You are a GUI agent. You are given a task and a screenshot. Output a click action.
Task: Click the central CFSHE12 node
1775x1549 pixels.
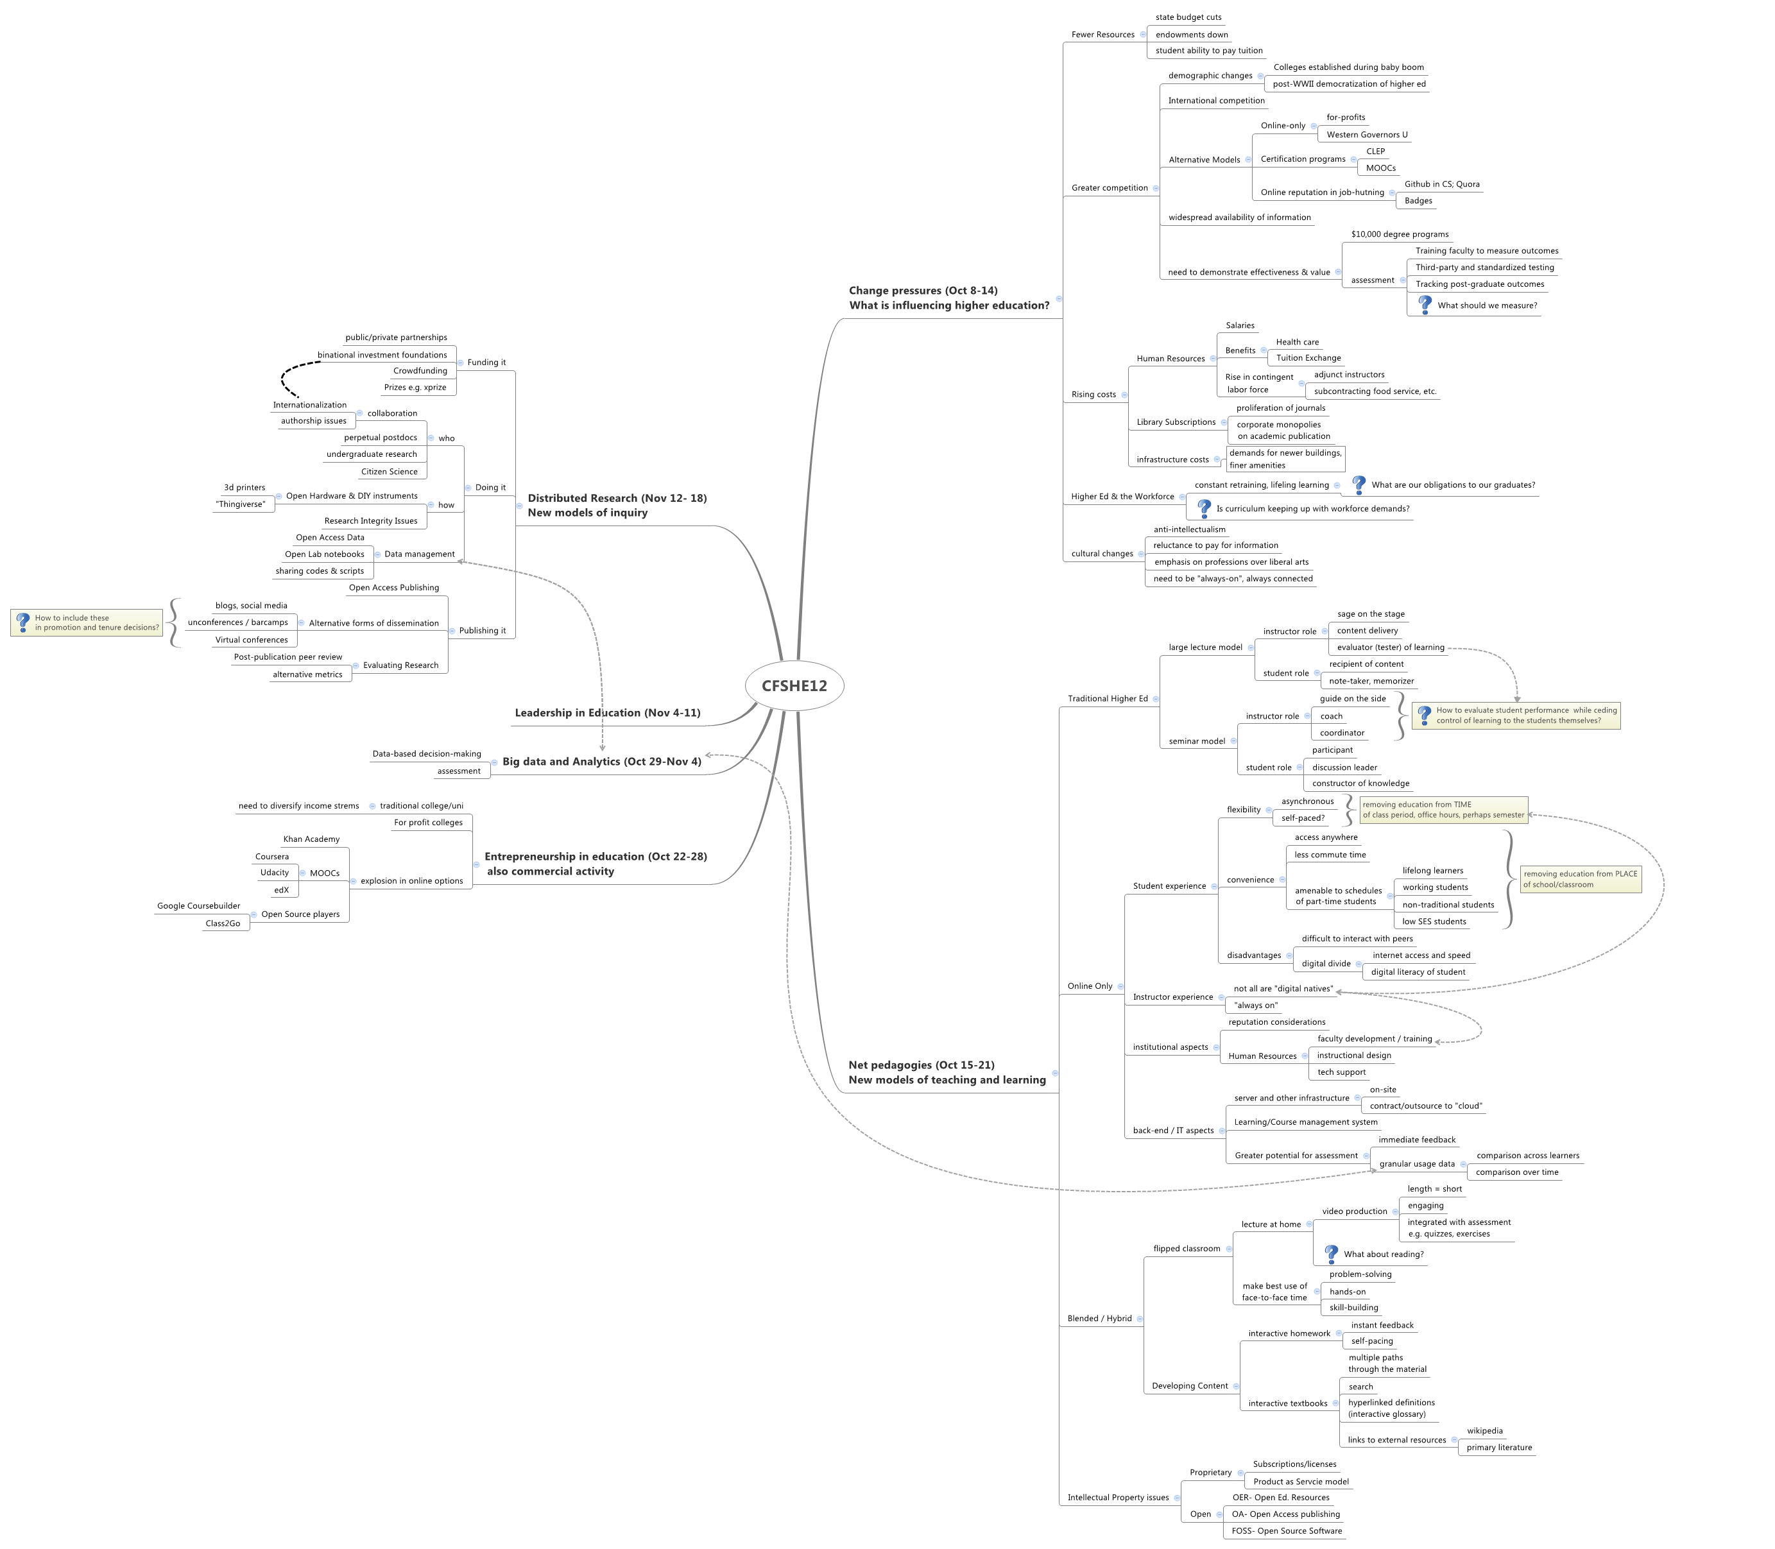(x=794, y=685)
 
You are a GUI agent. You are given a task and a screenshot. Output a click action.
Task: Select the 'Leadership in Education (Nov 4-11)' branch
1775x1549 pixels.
(x=607, y=713)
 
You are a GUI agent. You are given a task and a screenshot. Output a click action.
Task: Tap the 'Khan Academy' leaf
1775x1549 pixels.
(x=311, y=839)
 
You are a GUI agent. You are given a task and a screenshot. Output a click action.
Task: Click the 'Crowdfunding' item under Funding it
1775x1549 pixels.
(x=420, y=371)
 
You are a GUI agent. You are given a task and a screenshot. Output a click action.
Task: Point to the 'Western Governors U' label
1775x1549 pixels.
(x=1367, y=135)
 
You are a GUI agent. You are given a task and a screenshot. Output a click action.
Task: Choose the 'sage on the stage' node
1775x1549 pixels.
(x=1370, y=615)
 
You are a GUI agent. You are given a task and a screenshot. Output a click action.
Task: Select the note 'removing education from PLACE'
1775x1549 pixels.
(x=1580, y=879)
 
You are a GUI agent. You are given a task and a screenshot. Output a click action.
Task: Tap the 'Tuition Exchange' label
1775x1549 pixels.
(x=1308, y=358)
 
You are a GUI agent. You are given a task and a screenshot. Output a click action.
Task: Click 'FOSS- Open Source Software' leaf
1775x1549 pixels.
(x=1287, y=1531)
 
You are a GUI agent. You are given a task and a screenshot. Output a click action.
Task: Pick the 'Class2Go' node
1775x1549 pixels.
(x=223, y=923)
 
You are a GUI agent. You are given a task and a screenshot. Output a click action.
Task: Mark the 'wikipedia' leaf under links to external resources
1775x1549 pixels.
(x=1484, y=1430)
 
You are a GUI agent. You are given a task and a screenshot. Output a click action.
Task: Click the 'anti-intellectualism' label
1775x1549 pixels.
(x=1189, y=530)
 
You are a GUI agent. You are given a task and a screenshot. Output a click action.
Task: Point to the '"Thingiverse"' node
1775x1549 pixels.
(x=241, y=505)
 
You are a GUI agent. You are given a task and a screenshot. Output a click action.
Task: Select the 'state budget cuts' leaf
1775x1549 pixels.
(x=1188, y=17)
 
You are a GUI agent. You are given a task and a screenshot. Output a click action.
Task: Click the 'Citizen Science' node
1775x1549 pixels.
(x=389, y=472)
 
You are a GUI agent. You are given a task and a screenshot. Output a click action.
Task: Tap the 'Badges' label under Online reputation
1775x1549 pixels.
(x=1418, y=201)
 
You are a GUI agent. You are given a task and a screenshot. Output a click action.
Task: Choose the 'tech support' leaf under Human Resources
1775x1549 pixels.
(x=1341, y=1073)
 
